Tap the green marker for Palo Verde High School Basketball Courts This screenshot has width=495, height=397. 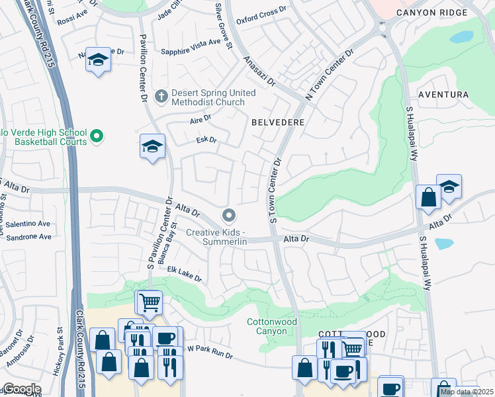[x=97, y=137]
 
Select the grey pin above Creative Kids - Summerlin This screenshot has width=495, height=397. [x=229, y=215]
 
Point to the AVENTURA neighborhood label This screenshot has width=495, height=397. [x=443, y=95]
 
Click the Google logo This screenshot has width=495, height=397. [x=22, y=389]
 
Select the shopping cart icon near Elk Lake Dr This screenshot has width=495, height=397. [x=150, y=302]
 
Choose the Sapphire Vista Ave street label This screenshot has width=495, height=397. [x=188, y=42]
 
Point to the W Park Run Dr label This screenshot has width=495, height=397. [x=210, y=351]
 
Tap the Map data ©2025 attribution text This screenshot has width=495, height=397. [x=466, y=392]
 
